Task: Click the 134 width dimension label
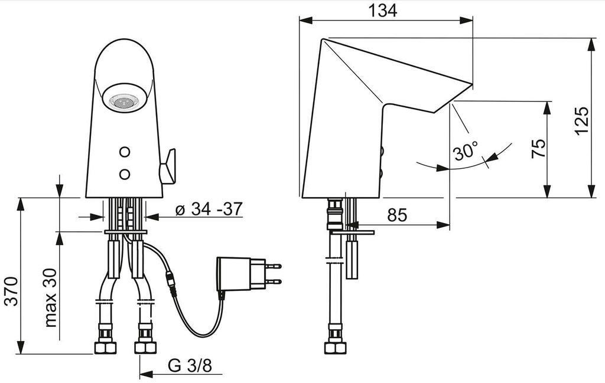385,10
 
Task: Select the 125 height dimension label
582,121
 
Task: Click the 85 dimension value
397,215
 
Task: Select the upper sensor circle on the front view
125,152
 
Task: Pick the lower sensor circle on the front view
125,174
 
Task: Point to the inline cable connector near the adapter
172,283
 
